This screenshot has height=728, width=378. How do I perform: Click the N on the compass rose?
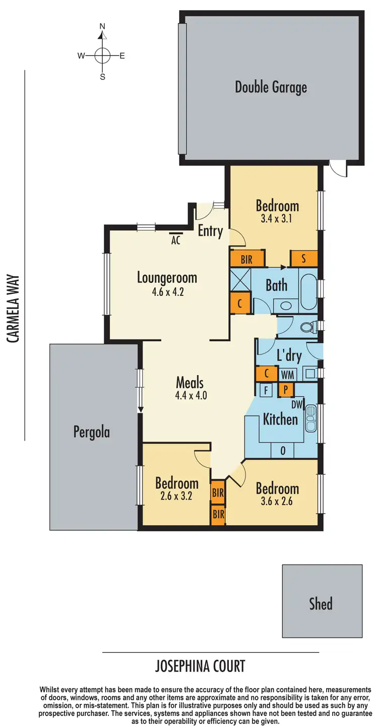point(102,26)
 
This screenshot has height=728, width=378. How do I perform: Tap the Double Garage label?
point(271,87)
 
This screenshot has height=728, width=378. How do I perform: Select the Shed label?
point(321,603)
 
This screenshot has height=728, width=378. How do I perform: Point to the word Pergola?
point(91,432)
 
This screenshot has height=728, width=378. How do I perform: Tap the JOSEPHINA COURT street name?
point(200,666)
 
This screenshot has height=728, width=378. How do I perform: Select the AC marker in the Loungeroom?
point(175,240)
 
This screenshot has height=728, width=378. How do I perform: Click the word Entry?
point(210,231)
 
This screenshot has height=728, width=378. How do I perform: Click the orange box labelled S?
point(303,259)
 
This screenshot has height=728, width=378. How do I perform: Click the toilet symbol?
point(307,328)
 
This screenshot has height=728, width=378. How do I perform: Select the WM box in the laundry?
point(287,375)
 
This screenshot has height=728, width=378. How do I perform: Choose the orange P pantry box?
point(285,389)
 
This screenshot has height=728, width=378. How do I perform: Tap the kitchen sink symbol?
point(310,418)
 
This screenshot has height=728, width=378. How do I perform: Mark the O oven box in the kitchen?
point(283,451)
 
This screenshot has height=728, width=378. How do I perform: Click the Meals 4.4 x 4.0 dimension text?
point(191,396)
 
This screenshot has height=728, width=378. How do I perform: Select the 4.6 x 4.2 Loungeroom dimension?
point(166,291)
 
